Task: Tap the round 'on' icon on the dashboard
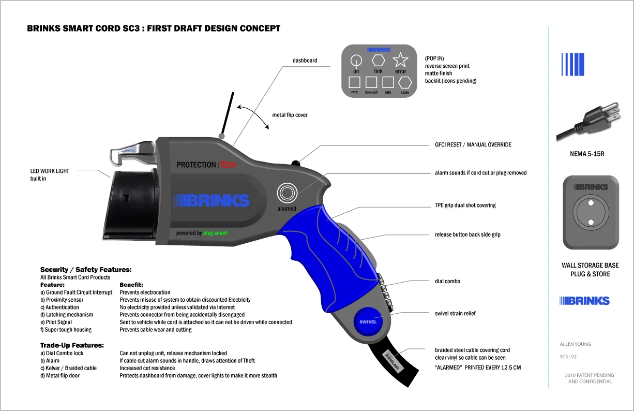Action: click(356, 60)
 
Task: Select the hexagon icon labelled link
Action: click(378, 60)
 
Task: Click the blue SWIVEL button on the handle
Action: click(368, 321)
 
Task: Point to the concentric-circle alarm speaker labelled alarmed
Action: click(286, 193)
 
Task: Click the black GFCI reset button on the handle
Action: click(295, 164)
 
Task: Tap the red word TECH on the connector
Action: click(227, 165)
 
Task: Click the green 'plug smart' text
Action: click(215, 233)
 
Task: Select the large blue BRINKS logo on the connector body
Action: click(212, 200)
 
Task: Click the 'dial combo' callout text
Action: click(447, 281)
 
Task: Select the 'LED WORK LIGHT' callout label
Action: click(50, 171)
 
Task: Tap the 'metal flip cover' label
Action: click(290, 115)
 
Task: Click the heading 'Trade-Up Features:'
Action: click(72, 345)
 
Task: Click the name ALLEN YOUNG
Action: click(575, 344)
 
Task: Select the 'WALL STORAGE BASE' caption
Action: click(590, 266)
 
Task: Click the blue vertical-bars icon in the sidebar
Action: click(572, 65)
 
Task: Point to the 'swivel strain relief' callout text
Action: click(455, 313)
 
